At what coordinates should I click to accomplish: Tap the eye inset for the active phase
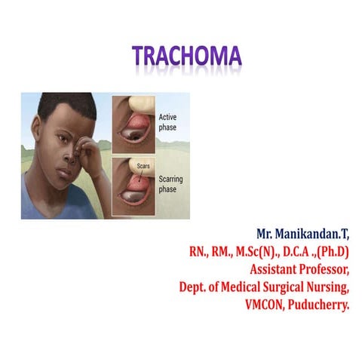[x=133, y=122]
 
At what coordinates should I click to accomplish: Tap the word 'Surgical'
[x=274, y=285]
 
